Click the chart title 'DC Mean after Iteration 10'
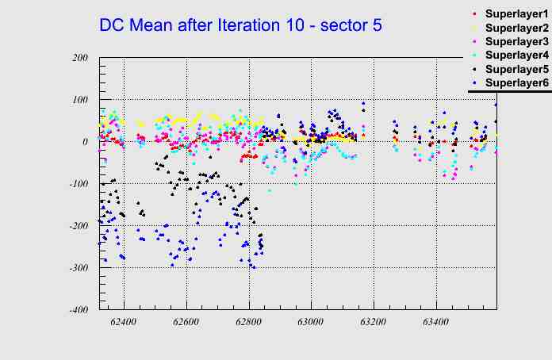coord(240,25)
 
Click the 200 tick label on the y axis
coord(79,58)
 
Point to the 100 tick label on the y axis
coord(79,100)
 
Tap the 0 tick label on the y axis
coord(85,142)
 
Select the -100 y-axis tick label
coord(77,184)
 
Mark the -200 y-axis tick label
coord(77,226)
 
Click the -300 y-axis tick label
coord(77,268)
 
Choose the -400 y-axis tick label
coord(77,310)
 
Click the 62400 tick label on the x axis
coord(125,323)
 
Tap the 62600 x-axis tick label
coord(186,323)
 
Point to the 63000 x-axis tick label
coord(311,323)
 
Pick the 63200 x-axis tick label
coord(373,323)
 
